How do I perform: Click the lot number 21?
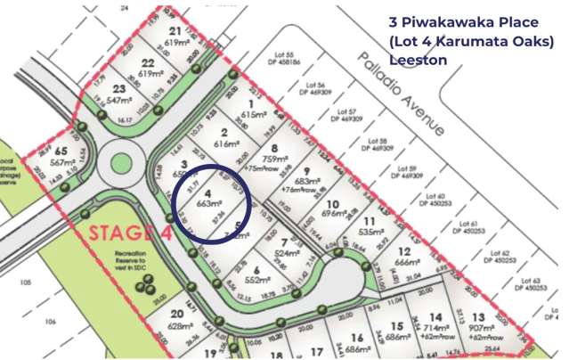click(x=174, y=29)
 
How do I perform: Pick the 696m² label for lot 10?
click(x=334, y=215)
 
